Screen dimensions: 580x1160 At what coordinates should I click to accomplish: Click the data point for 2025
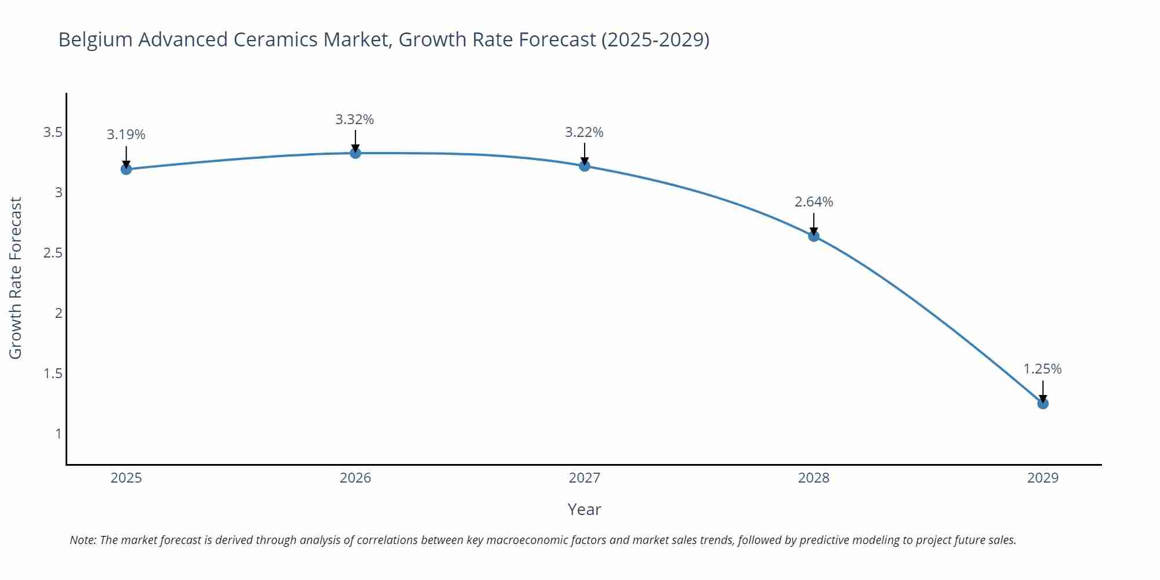coord(126,169)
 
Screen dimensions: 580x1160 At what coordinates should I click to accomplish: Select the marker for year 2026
coord(356,153)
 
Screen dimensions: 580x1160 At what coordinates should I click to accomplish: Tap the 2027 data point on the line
coord(585,166)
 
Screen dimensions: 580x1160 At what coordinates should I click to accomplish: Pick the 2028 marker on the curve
coord(814,236)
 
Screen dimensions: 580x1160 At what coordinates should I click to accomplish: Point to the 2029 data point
coord(1043,404)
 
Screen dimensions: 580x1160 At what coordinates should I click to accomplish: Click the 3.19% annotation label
coord(126,135)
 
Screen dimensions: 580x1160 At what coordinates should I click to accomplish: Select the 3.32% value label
coord(354,119)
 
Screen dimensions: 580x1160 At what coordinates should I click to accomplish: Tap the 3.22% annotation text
coord(584,132)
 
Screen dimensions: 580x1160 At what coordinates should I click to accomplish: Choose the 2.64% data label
coord(814,202)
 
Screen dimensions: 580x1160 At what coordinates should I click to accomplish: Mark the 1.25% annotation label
coord(1042,369)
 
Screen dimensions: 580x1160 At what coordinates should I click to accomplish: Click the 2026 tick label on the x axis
coord(356,478)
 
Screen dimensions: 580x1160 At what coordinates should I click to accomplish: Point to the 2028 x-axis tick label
coord(814,478)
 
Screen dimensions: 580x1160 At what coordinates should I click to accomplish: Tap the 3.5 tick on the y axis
coord(53,133)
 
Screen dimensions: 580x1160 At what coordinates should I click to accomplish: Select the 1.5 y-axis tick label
coord(53,374)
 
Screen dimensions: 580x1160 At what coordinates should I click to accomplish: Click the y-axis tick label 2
coord(59,313)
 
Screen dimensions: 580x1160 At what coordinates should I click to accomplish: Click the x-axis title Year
coord(584,509)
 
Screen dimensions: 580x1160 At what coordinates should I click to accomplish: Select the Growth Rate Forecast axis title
coord(16,278)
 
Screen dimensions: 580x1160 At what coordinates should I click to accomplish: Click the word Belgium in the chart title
coord(95,39)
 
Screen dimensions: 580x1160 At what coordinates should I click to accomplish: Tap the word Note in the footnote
coord(82,540)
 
